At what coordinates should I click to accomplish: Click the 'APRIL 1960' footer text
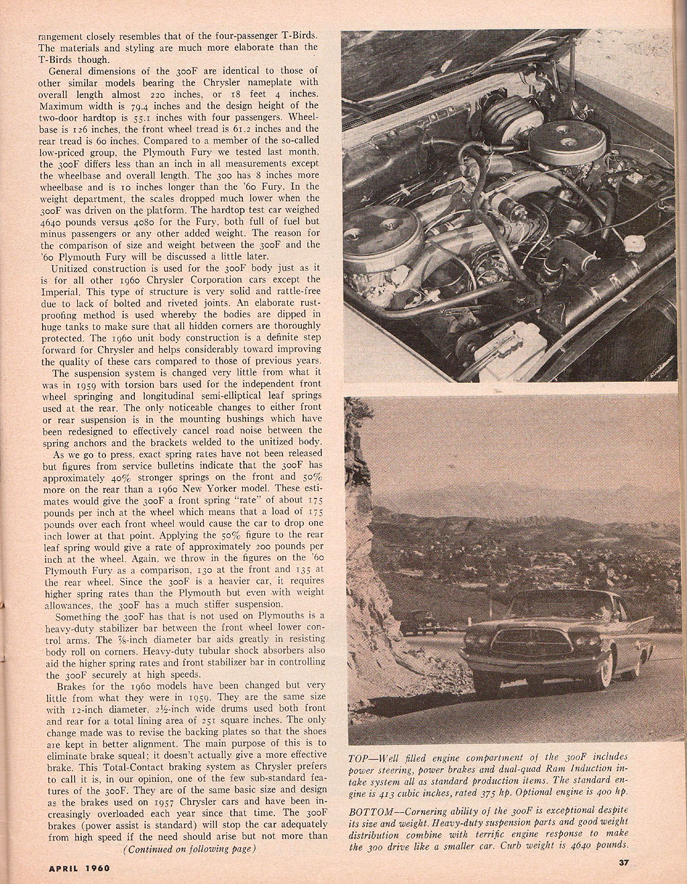(x=79, y=867)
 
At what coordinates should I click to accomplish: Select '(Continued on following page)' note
(x=190, y=849)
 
